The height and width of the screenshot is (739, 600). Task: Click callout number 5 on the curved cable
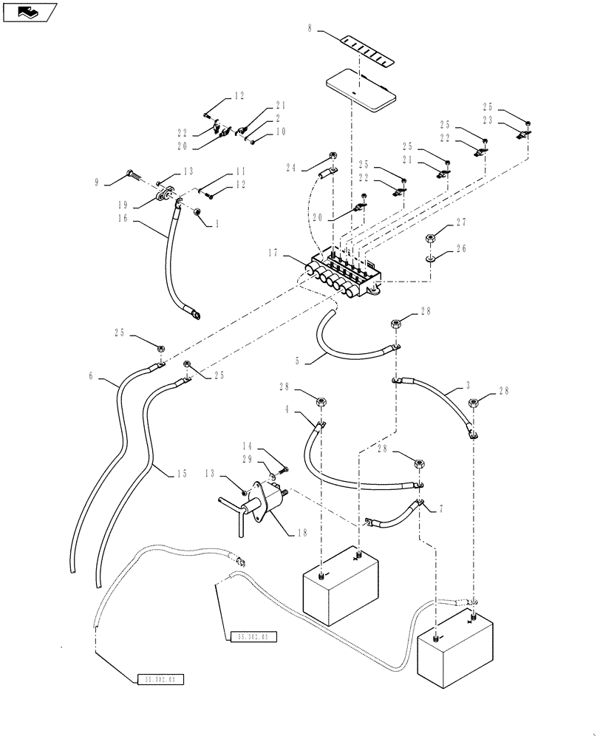click(x=297, y=361)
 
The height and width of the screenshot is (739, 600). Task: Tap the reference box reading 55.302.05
click(x=160, y=678)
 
